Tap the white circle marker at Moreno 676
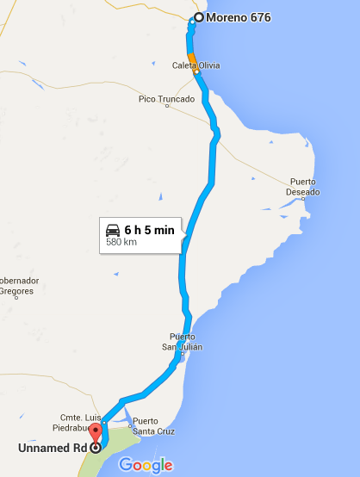(x=199, y=17)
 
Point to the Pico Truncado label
(x=166, y=99)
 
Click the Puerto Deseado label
(x=304, y=186)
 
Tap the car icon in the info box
(x=113, y=230)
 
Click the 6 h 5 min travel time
(x=150, y=230)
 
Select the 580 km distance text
(x=121, y=243)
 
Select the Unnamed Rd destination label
(x=51, y=448)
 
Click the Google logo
(x=146, y=465)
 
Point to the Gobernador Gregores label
(x=17, y=286)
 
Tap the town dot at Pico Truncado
(x=167, y=108)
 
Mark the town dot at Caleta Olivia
(x=196, y=73)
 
